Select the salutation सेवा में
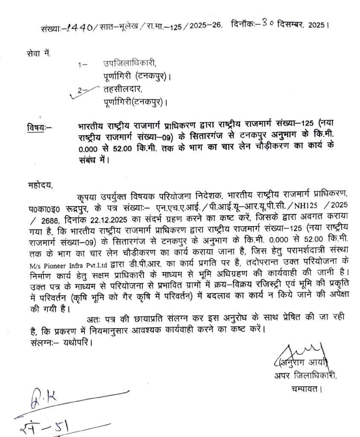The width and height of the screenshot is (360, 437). coord(38,53)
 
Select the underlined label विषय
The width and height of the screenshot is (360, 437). coord(36,127)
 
